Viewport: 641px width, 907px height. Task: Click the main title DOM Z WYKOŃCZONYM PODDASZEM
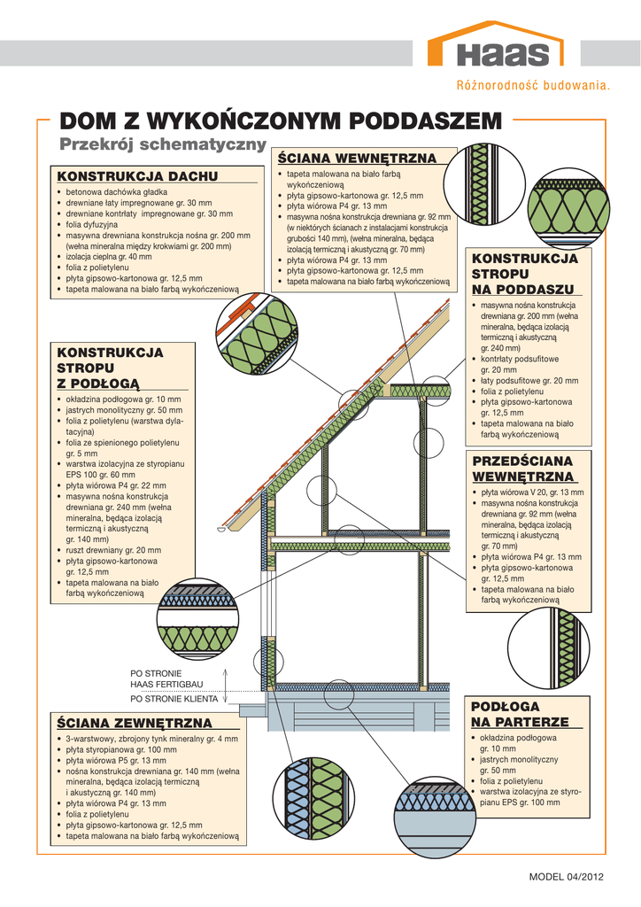pyautogui.click(x=281, y=120)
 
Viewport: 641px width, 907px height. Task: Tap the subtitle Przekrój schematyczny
pyautogui.click(x=163, y=144)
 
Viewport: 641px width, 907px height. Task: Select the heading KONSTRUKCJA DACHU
pyautogui.click(x=137, y=176)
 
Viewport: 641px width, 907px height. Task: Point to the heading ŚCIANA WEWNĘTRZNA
pyautogui.click(x=357, y=158)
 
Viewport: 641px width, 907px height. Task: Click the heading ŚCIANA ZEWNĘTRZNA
pyautogui.click(x=135, y=723)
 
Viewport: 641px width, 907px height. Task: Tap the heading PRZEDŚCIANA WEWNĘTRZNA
pyautogui.click(x=523, y=469)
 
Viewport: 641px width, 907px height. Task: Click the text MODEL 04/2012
pyautogui.click(x=566, y=877)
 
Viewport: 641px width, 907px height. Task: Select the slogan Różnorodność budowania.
pyautogui.click(x=533, y=86)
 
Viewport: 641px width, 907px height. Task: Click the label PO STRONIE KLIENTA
pyautogui.click(x=174, y=699)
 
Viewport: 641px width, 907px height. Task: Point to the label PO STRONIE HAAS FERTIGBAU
pyautogui.click(x=166, y=678)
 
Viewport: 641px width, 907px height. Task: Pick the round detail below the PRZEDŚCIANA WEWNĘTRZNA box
pyautogui.click(x=549, y=647)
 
